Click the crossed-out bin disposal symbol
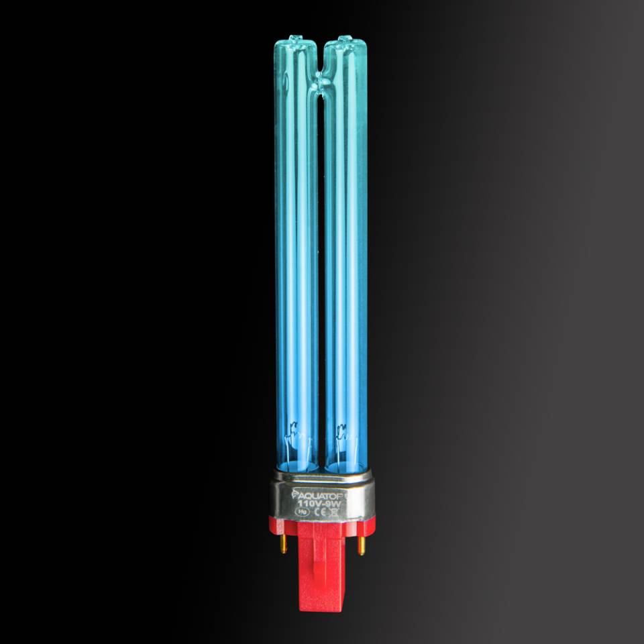[334, 511]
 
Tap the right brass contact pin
[362, 545]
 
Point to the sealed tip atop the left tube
[294, 39]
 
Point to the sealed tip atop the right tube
[344, 39]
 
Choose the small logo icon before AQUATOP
[296, 494]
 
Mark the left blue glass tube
[296, 255]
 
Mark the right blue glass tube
[345, 255]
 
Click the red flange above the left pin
[282, 527]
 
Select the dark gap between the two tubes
[321, 268]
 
